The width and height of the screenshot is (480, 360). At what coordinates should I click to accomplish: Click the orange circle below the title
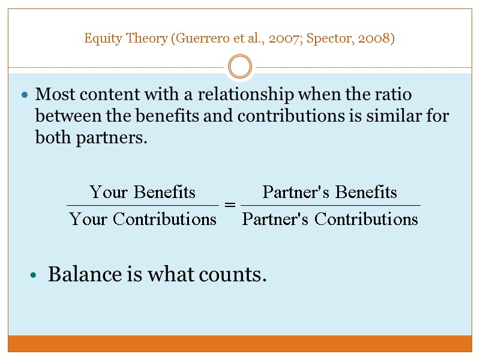pos(240,66)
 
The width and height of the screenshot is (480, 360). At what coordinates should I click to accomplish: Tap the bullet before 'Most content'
pos(25,95)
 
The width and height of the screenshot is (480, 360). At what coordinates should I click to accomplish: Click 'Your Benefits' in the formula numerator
pos(143,192)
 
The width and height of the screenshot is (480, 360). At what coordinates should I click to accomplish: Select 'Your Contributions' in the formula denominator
pos(143,219)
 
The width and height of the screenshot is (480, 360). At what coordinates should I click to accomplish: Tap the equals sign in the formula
pos(229,205)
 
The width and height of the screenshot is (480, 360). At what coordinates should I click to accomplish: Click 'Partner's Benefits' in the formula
pos(330,192)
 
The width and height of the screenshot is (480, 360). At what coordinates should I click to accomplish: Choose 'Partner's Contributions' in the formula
pos(330,219)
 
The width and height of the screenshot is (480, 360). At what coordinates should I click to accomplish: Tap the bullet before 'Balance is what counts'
pos(34,275)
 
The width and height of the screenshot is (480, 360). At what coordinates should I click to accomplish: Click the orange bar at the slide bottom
pos(240,343)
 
